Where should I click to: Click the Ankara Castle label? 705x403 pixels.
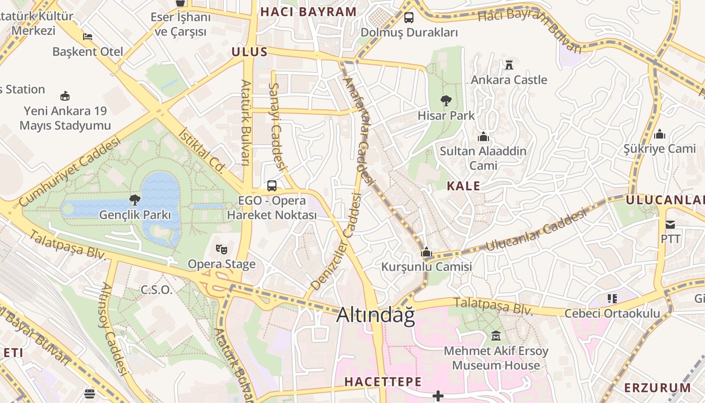509,80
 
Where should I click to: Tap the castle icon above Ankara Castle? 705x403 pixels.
509,64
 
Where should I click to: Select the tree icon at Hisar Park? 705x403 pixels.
446,101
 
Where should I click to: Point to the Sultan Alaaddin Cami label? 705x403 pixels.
483,158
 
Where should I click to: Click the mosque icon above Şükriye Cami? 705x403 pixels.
659,134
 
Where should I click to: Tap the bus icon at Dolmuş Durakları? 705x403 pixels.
409,18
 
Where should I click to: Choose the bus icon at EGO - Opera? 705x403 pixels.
272,185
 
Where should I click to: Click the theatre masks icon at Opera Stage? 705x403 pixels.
221,248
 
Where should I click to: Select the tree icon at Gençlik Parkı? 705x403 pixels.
134,200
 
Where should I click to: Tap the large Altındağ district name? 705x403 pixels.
376,315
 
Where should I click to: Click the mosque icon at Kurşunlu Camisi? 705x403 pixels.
427,252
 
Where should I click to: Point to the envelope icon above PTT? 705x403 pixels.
670,224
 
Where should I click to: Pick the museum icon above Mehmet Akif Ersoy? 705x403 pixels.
496,335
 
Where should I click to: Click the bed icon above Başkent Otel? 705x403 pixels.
88,37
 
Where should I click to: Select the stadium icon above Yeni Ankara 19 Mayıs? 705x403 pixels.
65,96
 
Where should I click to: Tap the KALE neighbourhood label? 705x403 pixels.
463,186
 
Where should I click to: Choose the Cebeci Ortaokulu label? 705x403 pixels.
612,313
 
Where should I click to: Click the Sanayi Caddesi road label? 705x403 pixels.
277,126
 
